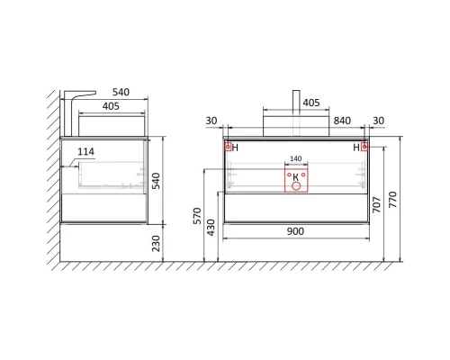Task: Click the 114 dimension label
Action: (85, 152)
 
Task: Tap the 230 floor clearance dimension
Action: (156, 243)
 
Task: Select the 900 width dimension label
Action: (295, 231)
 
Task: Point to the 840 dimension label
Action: (342, 121)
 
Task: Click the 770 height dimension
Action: (392, 199)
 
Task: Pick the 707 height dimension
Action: (376, 204)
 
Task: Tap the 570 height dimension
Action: (197, 215)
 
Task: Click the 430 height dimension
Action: (211, 228)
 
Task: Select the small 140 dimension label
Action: (296, 158)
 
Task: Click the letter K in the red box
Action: (296, 177)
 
